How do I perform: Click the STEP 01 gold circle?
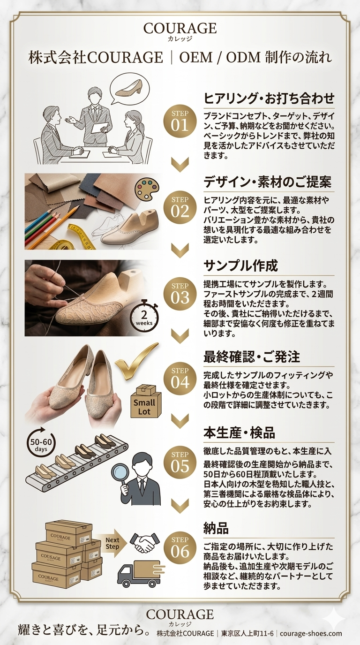[x=180, y=121]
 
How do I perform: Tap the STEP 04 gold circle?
[x=180, y=379]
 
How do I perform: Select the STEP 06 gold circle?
[x=180, y=548]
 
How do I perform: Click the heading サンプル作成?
[x=240, y=266]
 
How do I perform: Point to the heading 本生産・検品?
[x=239, y=433]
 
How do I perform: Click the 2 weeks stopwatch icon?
[x=144, y=316]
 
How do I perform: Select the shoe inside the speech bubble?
[x=128, y=88]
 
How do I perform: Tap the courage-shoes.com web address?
[x=311, y=633]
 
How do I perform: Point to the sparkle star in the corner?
[x=334, y=617]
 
